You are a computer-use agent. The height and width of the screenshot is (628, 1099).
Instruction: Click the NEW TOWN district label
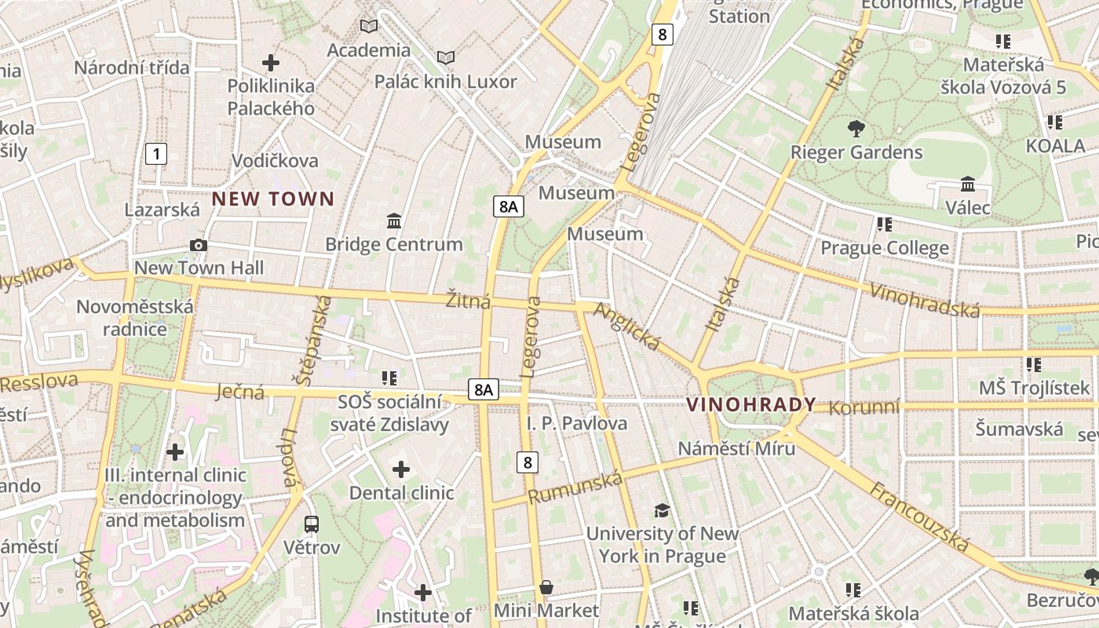[273, 199]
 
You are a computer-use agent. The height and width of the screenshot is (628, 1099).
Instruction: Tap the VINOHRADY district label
[751, 405]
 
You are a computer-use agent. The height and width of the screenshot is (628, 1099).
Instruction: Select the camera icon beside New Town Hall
[199, 246]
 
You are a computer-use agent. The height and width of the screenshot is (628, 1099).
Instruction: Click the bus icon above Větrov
[312, 524]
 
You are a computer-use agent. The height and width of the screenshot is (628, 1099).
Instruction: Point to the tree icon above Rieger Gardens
[856, 128]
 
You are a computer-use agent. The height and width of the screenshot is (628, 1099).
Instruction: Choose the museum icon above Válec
[968, 184]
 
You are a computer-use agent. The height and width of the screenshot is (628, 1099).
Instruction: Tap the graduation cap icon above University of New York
[663, 511]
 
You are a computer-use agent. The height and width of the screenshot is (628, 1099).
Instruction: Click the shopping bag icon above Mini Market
[546, 587]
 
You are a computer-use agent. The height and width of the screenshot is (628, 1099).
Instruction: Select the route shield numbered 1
[156, 154]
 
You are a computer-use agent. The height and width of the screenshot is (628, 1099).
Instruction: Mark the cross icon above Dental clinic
[401, 469]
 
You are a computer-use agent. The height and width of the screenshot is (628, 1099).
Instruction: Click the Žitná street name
[468, 301]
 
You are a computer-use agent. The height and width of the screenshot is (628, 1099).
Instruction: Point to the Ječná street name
[239, 391]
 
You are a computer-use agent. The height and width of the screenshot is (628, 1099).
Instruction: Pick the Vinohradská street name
[926, 298]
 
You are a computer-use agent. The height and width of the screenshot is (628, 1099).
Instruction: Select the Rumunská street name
[575, 487]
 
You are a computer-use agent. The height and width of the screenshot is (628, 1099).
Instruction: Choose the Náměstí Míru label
[736, 448]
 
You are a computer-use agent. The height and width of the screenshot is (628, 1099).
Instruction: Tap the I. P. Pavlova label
[577, 424]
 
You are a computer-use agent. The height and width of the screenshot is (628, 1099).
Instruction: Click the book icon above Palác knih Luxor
[446, 58]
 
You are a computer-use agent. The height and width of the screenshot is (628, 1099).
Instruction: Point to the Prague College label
[885, 249]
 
